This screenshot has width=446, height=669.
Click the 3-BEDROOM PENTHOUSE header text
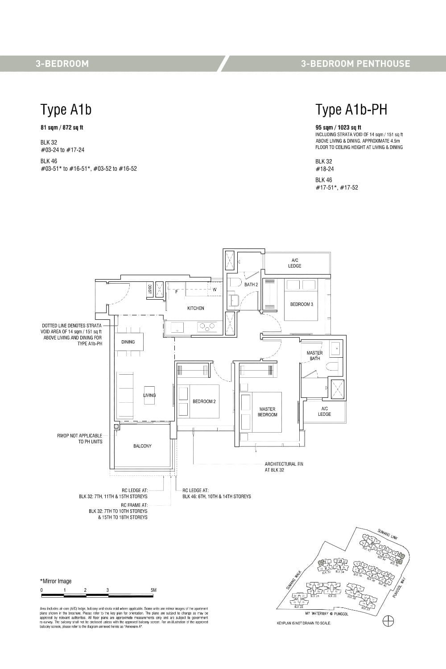tap(355, 64)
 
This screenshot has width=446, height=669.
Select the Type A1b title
tap(66, 109)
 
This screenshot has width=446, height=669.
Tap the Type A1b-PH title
tap(351, 109)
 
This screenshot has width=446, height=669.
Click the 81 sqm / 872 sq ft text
tap(62, 128)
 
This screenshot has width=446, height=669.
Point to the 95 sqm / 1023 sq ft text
tap(338, 127)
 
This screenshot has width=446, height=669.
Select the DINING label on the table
tap(128, 342)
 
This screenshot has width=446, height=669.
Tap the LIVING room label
tap(149, 395)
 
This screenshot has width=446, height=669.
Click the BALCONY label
tap(142, 446)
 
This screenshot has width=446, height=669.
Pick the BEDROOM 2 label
tap(204, 401)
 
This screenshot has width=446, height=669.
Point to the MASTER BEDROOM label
tap(267, 412)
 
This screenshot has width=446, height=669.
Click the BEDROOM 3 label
tap(301, 304)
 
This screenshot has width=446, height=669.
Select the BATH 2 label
tap(251, 285)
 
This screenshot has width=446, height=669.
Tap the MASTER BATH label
tap(314, 355)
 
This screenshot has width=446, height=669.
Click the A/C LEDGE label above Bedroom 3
tap(294, 263)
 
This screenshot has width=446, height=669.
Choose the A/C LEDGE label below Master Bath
tap(324, 411)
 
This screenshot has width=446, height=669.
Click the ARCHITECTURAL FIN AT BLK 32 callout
tap(284, 467)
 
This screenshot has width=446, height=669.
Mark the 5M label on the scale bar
tap(153, 590)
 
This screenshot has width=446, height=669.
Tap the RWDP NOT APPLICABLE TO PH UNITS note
tap(79, 438)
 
